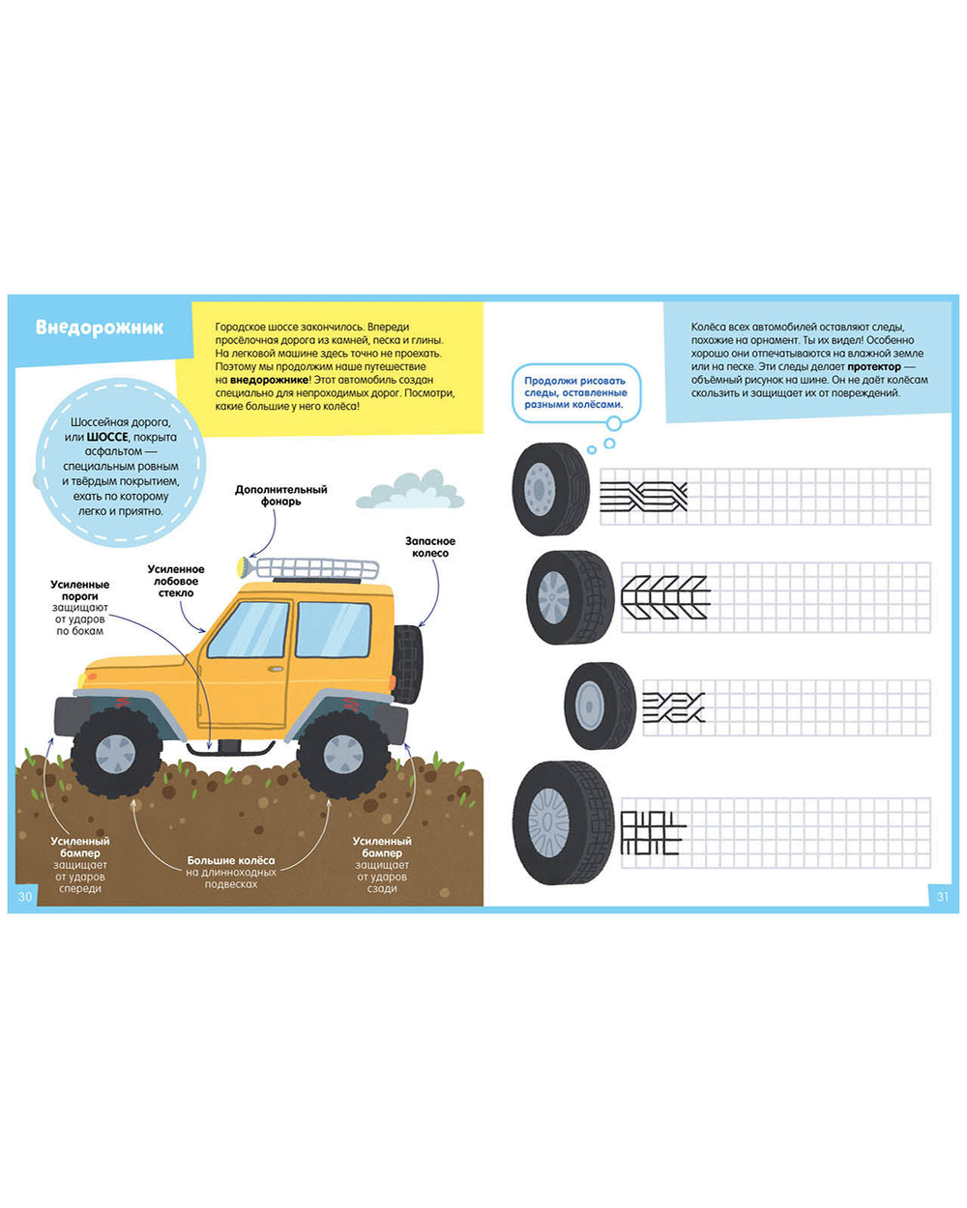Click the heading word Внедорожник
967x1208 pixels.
click(100, 328)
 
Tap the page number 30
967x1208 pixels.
click(25, 896)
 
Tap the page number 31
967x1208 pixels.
click(942, 896)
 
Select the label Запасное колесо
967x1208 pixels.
click(430, 547)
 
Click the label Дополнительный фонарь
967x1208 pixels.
click(280, 495)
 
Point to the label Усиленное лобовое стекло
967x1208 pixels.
click(176, 581)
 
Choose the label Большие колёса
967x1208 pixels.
click(231, 860)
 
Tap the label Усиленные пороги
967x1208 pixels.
click(80, 590)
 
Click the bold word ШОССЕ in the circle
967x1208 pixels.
click(107, 437)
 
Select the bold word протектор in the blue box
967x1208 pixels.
click(874, 367)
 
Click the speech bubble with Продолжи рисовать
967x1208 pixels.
click(575, 392)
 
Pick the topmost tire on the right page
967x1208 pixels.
click(550, 489)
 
